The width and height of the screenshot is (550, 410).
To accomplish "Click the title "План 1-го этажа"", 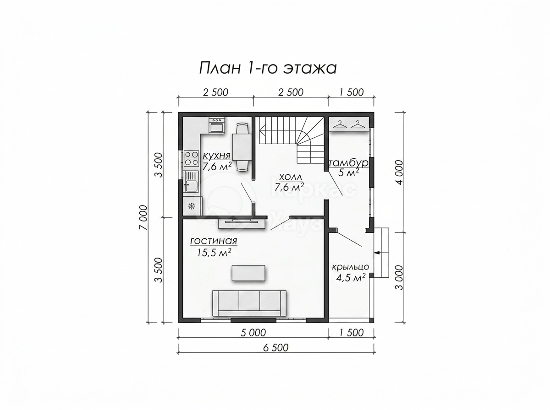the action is [x=268, y=68].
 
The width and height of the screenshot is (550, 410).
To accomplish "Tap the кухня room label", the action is [x=216, y=156].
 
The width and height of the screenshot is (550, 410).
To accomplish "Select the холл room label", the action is [x=291, y=178].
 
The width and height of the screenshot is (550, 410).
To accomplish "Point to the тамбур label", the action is [x=348, y=163].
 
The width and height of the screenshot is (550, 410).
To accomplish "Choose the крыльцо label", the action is [x=351, y=267].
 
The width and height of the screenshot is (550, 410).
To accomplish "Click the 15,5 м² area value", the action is [x=214, y=252].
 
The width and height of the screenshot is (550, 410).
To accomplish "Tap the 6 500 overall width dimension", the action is [x=276, y=348].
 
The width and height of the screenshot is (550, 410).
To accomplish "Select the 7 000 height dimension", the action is [x=143, y=217].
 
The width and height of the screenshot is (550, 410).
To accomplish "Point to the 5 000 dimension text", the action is [x=253, y=333].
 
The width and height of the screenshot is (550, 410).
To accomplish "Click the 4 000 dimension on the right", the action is [x=400, y=173].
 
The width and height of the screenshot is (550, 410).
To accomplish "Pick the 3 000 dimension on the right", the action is [x=400, y=278].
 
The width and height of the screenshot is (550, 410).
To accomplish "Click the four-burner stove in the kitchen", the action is [x=192, y=159].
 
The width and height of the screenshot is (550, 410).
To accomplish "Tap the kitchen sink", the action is [x=191, y=182].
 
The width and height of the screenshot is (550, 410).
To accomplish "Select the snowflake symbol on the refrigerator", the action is [x=192, y=206].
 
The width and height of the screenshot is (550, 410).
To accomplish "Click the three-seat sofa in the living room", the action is [x=249, y=303].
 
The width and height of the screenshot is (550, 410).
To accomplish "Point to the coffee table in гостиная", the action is [x=248, y=273].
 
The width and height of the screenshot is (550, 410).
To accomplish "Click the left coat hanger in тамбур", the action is [x=340, y=124].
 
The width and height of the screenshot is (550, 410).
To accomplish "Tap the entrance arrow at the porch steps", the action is [x=379, y=253].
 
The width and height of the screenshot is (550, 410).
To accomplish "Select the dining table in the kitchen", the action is [x=242, y=146].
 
